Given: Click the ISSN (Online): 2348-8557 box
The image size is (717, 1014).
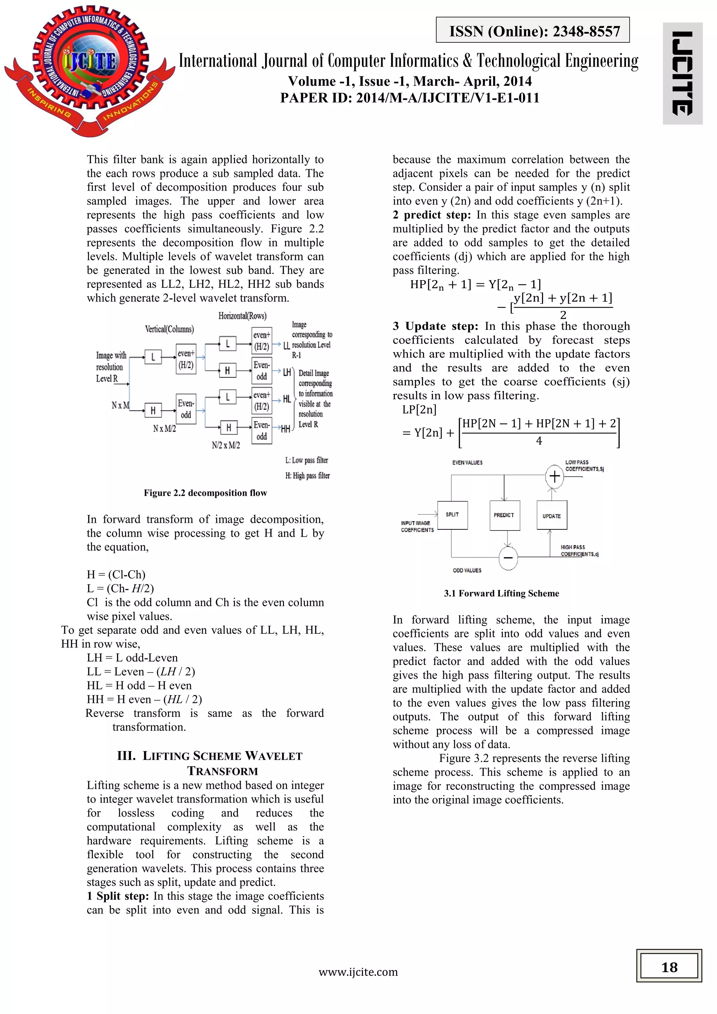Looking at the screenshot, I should [x=532, y=30].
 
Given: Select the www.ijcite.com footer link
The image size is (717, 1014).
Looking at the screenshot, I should [x=358, y=972].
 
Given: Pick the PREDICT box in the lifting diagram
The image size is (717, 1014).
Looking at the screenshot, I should [x=504, y=515].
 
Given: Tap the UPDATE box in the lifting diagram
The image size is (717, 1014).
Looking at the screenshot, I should [x=551, y=515].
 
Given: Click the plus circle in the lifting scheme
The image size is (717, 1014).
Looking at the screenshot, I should [x=555, y=476].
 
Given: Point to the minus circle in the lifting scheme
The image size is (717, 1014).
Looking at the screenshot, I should [x=508, y=557].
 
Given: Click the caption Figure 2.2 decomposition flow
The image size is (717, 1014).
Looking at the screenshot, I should [x=205, y=493].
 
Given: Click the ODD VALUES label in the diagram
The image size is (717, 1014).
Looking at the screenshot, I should [x=467, y=570].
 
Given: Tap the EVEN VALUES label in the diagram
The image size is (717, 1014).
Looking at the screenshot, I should [x=467, y=463].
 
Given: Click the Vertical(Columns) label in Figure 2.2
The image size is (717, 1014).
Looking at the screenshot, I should [x=169, y=329].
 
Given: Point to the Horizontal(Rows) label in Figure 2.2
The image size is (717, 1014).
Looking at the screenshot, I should [x=242, y=316].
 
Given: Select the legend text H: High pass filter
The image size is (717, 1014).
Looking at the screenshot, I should [x=307, y=475].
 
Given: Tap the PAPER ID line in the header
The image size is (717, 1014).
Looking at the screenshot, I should [x=410, y=98].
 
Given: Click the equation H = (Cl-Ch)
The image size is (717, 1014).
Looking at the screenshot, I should [x=116, y=575].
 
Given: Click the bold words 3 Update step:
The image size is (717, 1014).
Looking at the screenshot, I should [x=435, y=326].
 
